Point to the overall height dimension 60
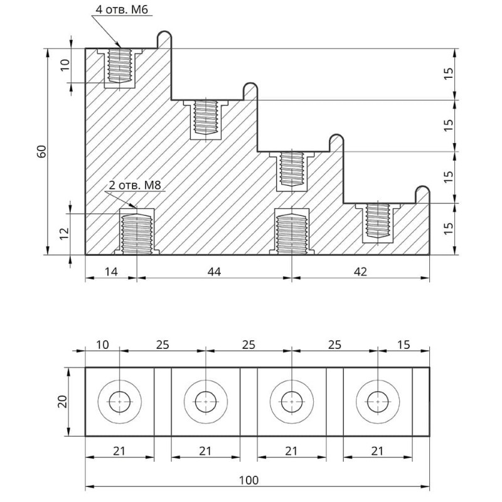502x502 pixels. pos(42,151)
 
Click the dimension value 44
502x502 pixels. pos(215,271)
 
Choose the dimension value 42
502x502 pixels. pos(360,271)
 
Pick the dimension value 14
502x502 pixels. pos(110,271)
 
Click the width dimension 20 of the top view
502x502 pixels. pos(62,402)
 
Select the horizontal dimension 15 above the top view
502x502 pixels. pos(403,344)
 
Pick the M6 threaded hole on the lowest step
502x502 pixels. pos(378,220)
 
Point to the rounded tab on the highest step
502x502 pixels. pos(164,38)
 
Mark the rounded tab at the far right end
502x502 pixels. pos(423,194)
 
